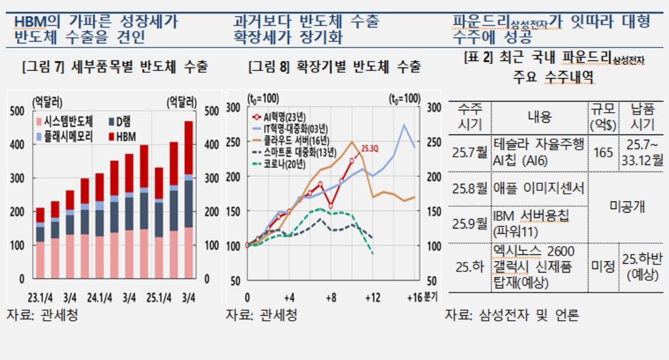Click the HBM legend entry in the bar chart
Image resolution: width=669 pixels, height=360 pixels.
(125, 137)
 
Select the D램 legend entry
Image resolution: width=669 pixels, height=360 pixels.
(122, 122)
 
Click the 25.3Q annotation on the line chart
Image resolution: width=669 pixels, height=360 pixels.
(370, 149)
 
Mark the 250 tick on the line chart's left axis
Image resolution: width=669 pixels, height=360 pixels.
(233, 142)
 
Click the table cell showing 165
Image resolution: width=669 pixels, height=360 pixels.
(603, 153)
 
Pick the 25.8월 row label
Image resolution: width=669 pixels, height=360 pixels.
(469, 189)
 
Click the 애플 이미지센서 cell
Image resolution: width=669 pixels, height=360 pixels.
(539, 189)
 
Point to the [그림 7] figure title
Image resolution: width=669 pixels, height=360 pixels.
(114, 67)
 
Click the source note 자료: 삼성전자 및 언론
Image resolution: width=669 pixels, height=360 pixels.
(511, 315)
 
